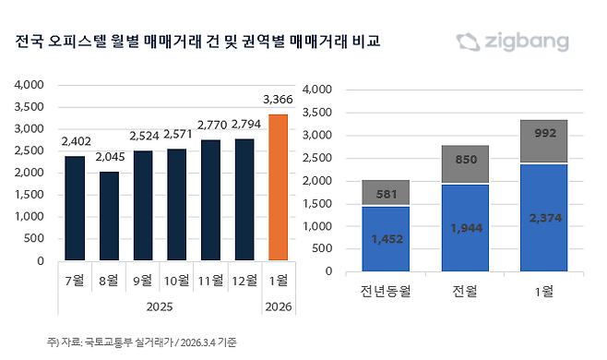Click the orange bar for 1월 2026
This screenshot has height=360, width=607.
[278, 187]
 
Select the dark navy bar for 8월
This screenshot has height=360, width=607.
[109, 216]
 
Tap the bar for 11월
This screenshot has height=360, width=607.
[210, 200]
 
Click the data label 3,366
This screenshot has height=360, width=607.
[278, 100]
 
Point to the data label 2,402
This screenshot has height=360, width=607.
[76, 141]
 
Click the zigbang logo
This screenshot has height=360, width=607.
[513, 42]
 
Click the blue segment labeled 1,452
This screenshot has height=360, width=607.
[387, 239]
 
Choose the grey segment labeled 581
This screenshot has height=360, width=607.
[387, 193]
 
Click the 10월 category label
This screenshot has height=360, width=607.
[177, 280]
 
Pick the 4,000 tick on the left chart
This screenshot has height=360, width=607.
[30, 85]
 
